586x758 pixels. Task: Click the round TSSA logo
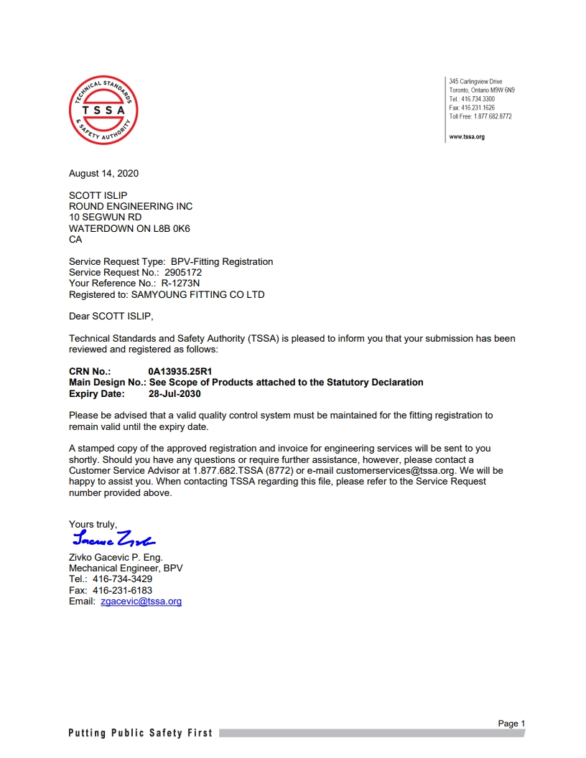[x=103, y=111]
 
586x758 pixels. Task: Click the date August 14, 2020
[x=103, y=173]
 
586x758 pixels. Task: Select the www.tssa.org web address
[x=467, y=136]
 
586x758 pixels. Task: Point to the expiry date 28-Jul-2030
[x=175, y=393]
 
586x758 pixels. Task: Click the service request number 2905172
[x=183, y=272]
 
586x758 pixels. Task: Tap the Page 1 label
[x=511, y=724]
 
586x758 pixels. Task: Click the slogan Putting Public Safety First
[x=141, y=733]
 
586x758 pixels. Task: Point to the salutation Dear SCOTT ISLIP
[x=111, y=316]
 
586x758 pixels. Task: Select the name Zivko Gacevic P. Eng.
[x=116, y=557]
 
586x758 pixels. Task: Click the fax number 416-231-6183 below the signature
[x=122, y=590]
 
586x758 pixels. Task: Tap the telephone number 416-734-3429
[x=122, y=579]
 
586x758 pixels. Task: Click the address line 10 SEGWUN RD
[x=105, y=217]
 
